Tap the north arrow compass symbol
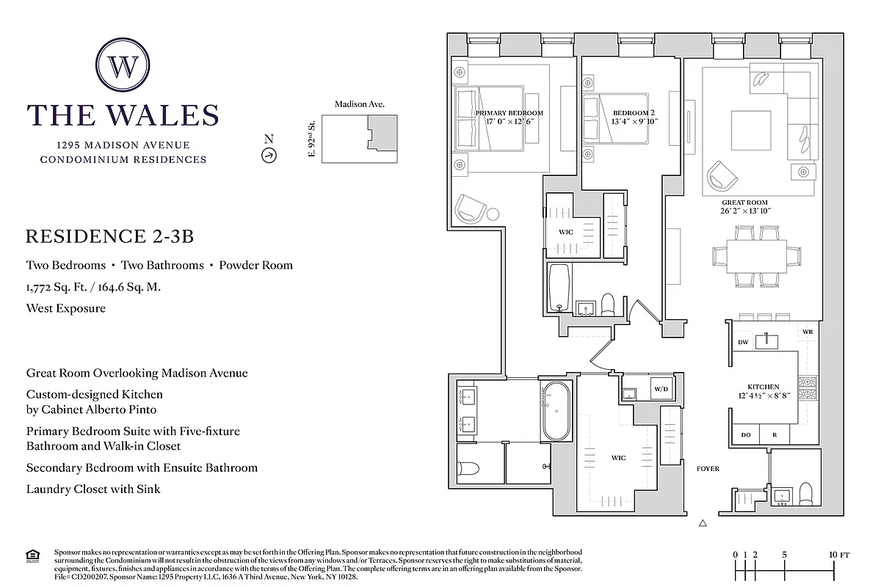pos(269,155)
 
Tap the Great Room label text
pos(745,203)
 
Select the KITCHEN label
pos(764,387)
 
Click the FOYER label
pos(708,468)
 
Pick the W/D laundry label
pos(661,388)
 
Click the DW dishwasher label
pos(742,343)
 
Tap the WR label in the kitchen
pos(808,332)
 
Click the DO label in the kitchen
pos(746,435)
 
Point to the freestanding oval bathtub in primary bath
pos(556,412)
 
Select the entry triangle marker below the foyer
pos(703,523)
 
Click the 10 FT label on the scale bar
pos(838,555)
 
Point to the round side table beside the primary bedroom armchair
pos(493,214)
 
